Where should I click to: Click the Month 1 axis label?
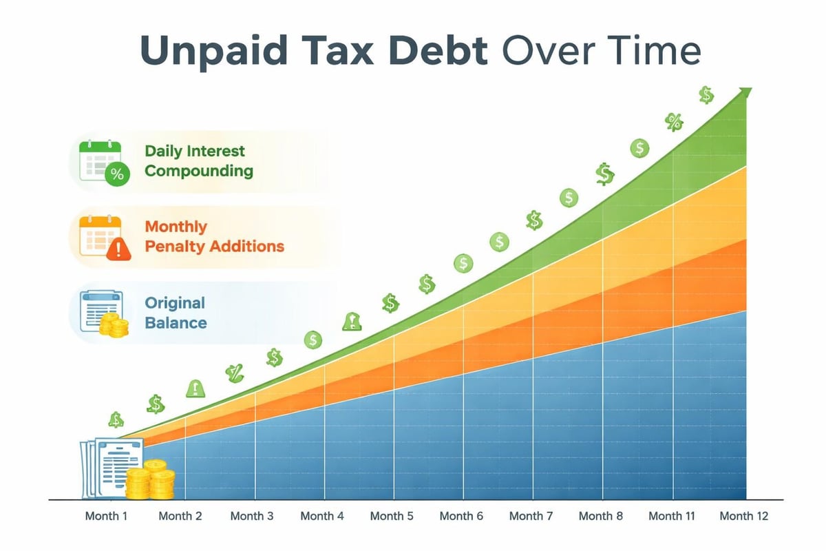pyautogui.click(x=106, y=516)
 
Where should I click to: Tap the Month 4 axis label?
pyautogui.click(x=322, y=516)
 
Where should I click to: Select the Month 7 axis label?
pyautogui.click(x=531, y=516)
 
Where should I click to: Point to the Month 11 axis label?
pyautogui.click(x=672, y=516)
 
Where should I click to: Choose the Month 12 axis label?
pyautogui.click(x=743, y=516)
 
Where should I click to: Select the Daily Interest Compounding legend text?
pyautogui.click(x=198, y=160)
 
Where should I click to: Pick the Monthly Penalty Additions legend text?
pyautogui.click(x=214, y=236)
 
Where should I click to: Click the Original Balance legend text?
pyautogui.click(x=175, y=312)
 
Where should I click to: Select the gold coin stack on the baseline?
pyautogui.click(x=151, y=479)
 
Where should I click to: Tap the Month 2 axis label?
pyautogui.click(x=180, y=516)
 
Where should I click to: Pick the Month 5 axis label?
pyautogui.click(x=392, y=516)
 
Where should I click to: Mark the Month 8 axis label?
pyautogui.click(x=601, y=516)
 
